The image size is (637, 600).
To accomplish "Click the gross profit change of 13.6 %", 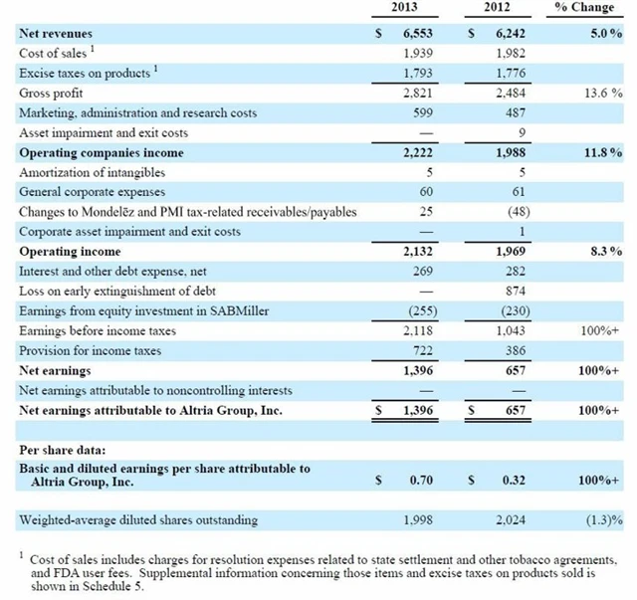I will [603, 94].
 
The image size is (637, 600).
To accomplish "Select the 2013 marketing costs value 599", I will [420, 113].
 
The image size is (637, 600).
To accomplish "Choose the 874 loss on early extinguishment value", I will [511, 292].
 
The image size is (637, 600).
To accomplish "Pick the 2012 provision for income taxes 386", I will [511, 351].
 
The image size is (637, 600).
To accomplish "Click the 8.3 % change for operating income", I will [605, 252].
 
